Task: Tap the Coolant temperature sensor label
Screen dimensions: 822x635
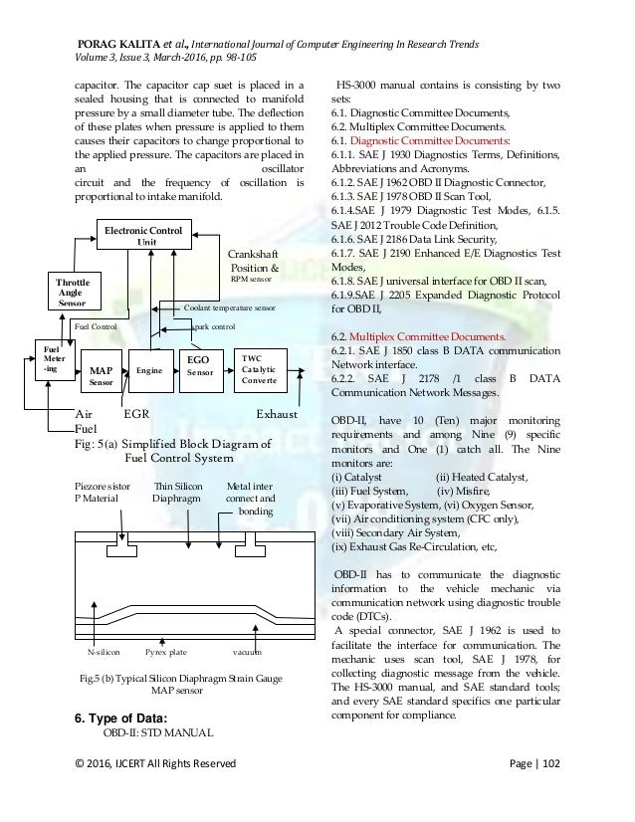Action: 230,308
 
